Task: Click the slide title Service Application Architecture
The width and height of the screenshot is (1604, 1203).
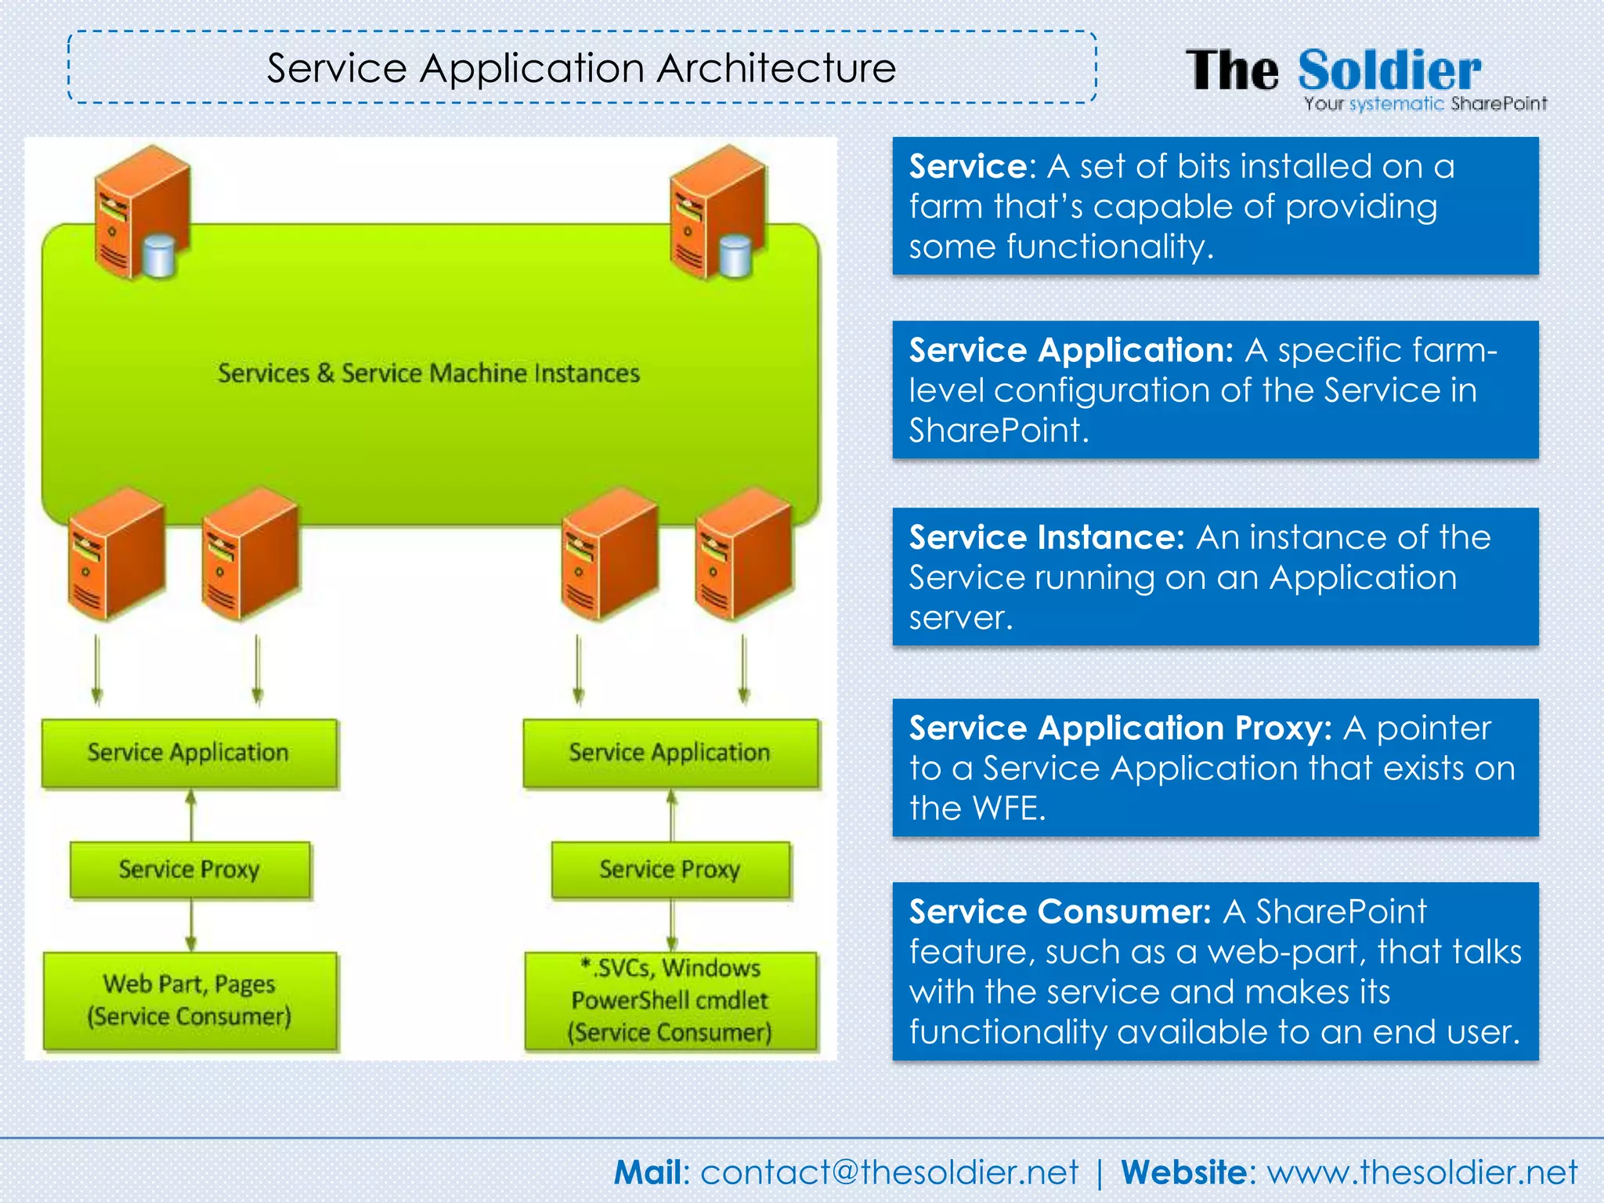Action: coord(581,68)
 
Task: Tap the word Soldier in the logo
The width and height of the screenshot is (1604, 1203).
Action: coord(1389,70)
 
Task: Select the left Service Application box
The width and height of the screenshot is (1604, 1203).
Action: coord(189,753)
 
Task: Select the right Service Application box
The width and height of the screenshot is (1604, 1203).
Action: coord(670,753)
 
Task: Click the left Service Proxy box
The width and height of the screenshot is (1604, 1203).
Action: coord(190,869)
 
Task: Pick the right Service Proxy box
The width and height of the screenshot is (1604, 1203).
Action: coord(670,869)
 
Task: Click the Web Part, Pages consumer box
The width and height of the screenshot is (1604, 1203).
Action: coord(190,1000)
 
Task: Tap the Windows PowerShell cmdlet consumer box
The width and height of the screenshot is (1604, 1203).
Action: coord(670,1000)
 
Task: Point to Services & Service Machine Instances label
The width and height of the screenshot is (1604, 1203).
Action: coord(428,374)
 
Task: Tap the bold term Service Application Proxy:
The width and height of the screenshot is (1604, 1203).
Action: coord(1120,728)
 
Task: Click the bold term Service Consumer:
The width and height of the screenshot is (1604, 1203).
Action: coord(1060,912)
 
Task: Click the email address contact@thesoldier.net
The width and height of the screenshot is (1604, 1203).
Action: coord(889,1172)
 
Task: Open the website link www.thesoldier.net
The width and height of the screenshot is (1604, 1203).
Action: coord(1422,1172)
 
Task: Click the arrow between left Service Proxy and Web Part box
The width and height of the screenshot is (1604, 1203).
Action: coord(190,925)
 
